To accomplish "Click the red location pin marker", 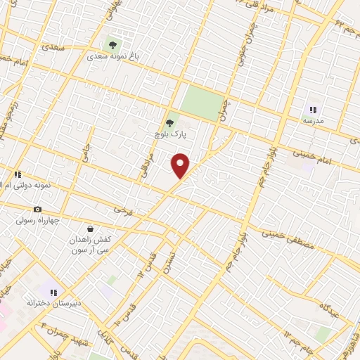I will tap(181, 165).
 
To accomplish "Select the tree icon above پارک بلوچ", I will tap(169, 122).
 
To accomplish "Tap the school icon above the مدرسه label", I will tap(313, 110).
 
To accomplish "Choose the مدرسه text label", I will tap(313, 121).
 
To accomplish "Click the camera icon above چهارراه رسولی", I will tap(37, 210).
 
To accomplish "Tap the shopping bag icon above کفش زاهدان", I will tap(91, 229).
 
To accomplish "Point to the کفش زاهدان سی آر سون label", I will tap(91, 245).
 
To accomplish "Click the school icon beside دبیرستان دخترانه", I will tap(53, 291).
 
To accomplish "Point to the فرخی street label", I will tap(123, 210).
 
